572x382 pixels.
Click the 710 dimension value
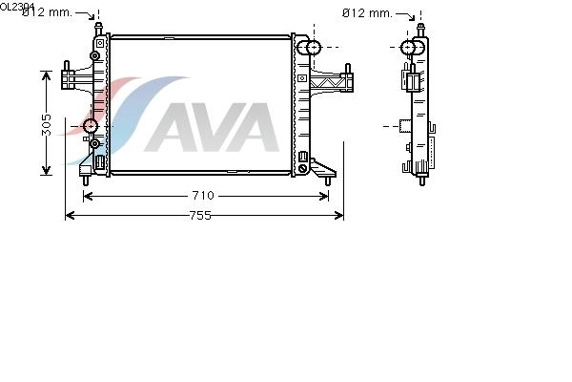click(x=203, y=196)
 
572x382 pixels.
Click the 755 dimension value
click(x=200, y=216)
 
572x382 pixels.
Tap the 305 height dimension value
click(x=47, y=125)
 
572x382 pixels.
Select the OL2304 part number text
click(x=17, y=7)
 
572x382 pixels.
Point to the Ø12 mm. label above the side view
click(x=367, y=13)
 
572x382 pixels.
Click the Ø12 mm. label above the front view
click(x=48, y=12)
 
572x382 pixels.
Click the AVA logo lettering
click(x=213, y=127)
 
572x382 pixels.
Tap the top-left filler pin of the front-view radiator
click(x=98, y=29)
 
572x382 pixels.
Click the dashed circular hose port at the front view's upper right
click(x=314, y=48)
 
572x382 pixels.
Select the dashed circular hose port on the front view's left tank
click(x=91, y=126)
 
